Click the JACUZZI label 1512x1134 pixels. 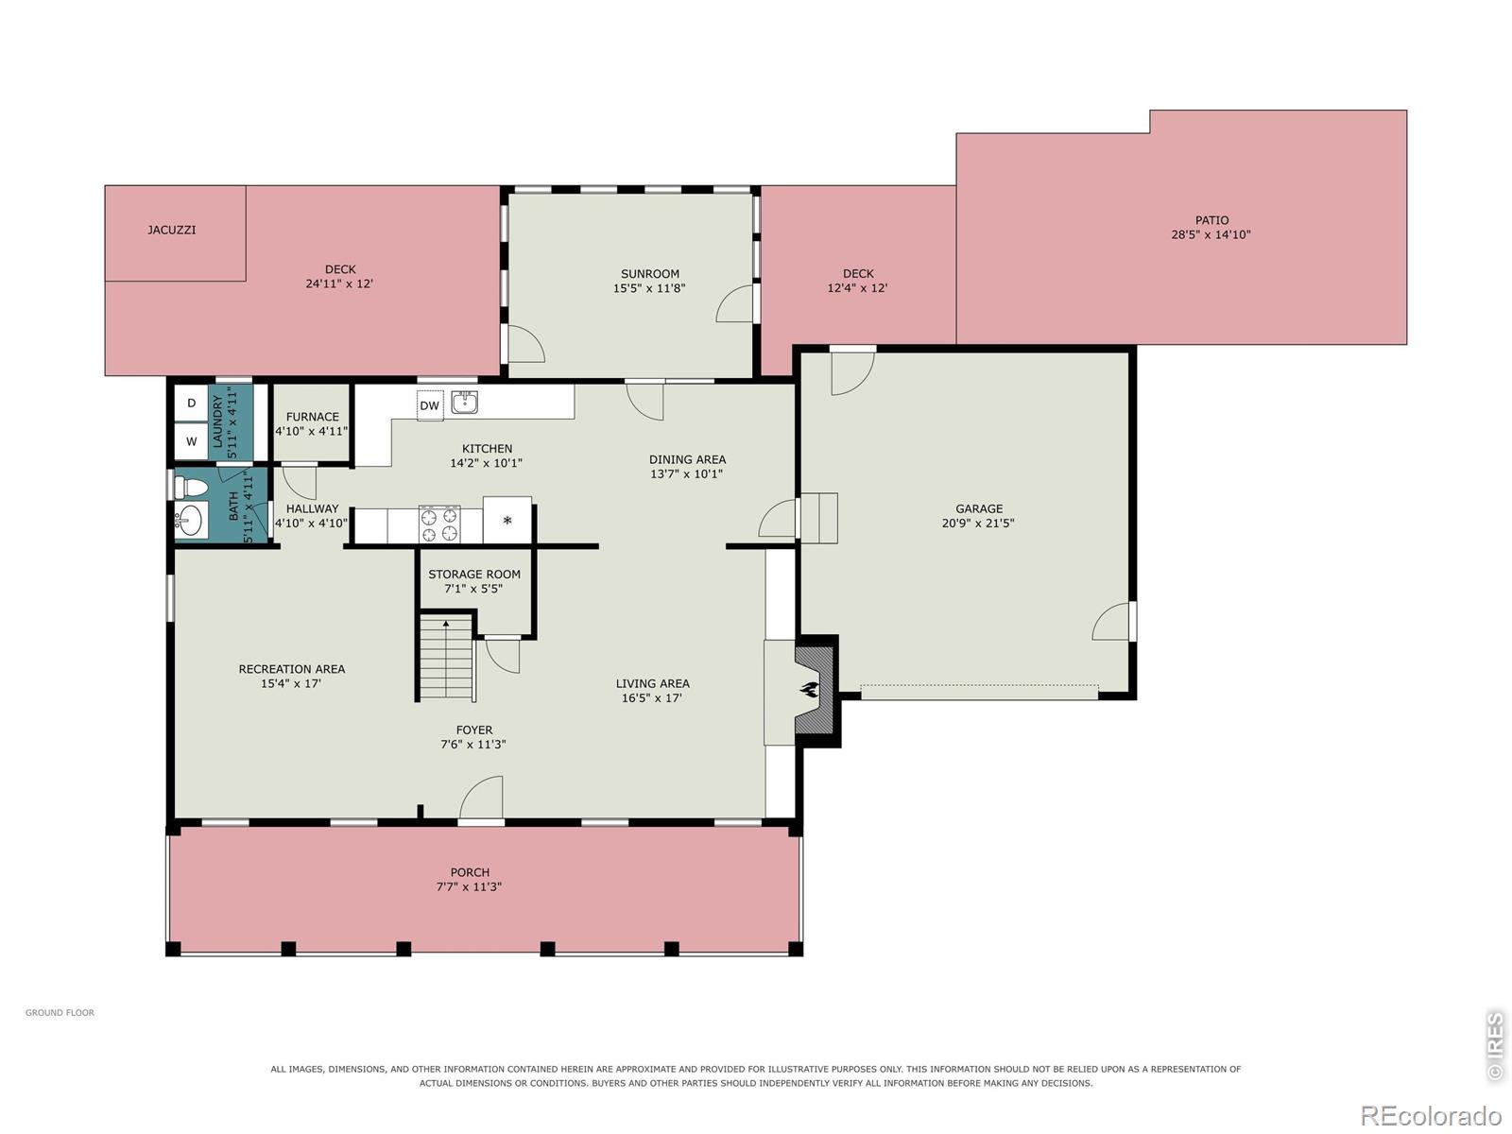click(172, 230)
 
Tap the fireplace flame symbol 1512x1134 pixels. click(809, 689)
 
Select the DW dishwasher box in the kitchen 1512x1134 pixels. click(429, 405)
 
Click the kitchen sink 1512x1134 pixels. click(464, 402)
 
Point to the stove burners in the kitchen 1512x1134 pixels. click(439, 524)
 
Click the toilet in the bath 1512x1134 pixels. click(190, 488)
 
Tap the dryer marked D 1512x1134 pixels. click(191, 404)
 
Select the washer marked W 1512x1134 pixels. click(191, 441)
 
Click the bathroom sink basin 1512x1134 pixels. click(191, 520)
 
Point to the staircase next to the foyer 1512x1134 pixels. click(446, 659)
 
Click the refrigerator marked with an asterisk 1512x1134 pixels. click(507, 520)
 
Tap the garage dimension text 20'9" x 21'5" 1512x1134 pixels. click(978, 524)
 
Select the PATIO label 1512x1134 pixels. click(1211, 220)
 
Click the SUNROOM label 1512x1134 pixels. click(649, 274)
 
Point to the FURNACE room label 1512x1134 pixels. click(312, 417)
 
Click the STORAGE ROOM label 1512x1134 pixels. click(474, 575)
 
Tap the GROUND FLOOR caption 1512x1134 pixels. click(60, 1012)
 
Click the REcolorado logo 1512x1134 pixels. click(1432, 1115)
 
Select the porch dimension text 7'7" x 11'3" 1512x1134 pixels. click(469, 886)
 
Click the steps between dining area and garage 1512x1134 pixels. click(818, 518)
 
